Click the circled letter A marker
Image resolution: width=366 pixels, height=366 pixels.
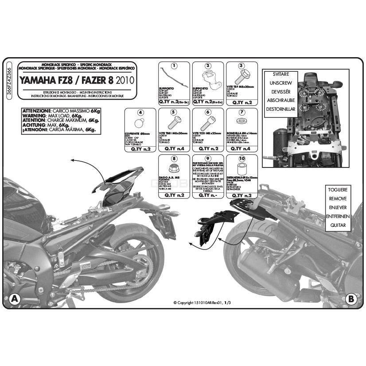point(14,299)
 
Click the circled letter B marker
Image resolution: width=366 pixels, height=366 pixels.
point(351,299)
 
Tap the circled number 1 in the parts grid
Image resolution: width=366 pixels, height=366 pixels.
point(174,66)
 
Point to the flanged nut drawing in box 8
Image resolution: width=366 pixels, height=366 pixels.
point(174,167)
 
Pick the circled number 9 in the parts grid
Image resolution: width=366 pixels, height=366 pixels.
point(207,158)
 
